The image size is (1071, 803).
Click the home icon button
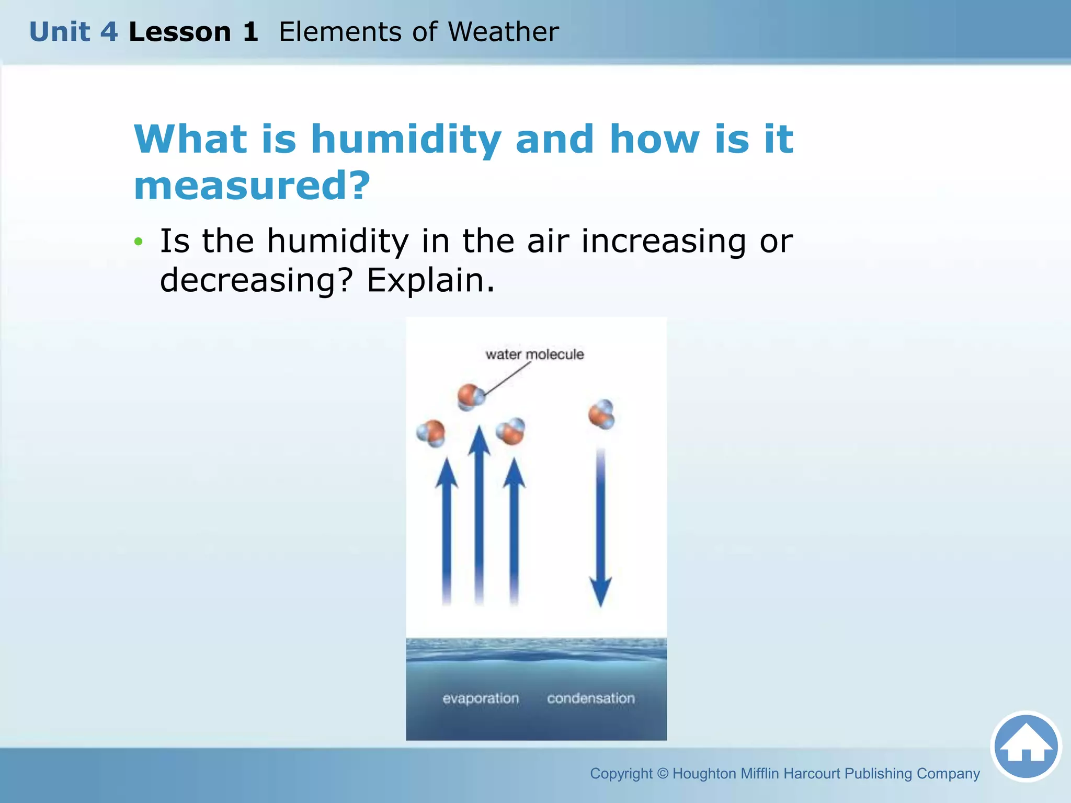click(x=1026, y=746)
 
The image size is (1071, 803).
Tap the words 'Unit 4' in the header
click(x=73, y=32)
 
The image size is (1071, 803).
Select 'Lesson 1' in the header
click(x=193, y=32)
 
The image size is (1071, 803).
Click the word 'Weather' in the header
click(x=503, y=32)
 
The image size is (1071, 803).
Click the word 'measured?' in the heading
click(x=252, y=186)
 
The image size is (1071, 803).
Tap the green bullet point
click(x=138, y=242)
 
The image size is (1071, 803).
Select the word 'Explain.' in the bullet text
click(x=430, y=280)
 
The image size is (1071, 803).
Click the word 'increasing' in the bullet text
click(x=663, y=241)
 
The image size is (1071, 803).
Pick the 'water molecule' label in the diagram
click(x=534, y=354)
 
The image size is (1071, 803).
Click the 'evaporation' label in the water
click(x=481, y=698)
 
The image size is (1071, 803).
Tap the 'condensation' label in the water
click(x=590, y=698)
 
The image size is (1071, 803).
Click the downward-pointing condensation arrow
click(x=600, y=528)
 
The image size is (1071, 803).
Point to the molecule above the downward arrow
click(x=601, y=415)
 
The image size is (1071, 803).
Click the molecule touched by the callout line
click(x=471, y=397)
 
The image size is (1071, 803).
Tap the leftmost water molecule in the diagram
click(x=431, y=433)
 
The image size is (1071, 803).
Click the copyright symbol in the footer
click(x=662, y=773)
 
